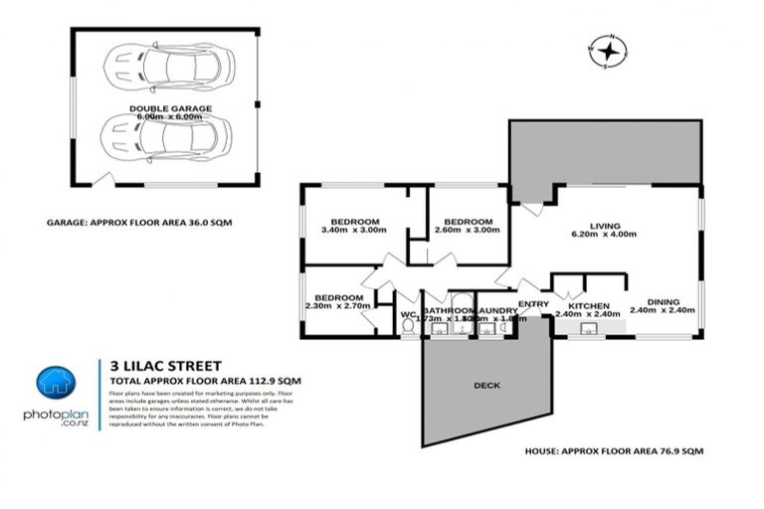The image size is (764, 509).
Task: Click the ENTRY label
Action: pos(533,305)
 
